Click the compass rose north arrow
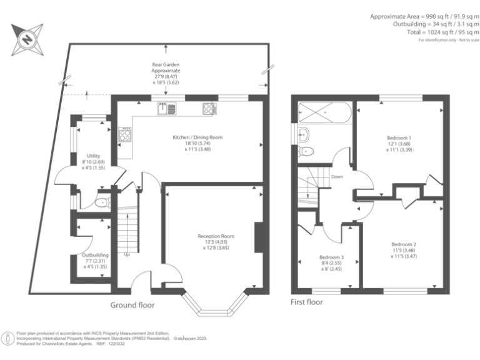click(x=27, y=37)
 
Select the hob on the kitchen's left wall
click(x=125, y=134)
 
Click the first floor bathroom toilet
click(x=307, y=151)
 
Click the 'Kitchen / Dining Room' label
click(x=197, y=137)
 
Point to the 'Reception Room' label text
click(x=216, y=236)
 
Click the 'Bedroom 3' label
click(x=331, y=257)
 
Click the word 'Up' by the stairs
click(x=127, y=254)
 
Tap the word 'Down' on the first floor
click(x=337, y=176)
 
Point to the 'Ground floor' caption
click(x=132, y=305)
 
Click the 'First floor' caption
click(x=307, y=302)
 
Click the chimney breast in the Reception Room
click(x=258, y=237)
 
